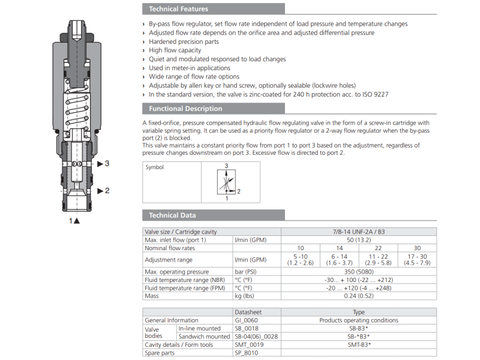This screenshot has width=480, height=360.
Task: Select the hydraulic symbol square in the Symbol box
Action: pyautogui.click(x=226, y=181)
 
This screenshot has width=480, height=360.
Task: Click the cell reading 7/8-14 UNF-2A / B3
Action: pyautogui.click(x=358, y=232)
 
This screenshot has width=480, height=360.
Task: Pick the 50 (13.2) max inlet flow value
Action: pyautogui.click(x=358, y=240)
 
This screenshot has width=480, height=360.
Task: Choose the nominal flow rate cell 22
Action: pyautogui.click(x=378, y=248)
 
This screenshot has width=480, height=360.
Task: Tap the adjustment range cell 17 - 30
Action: pyautogui.click(x=417, y=260)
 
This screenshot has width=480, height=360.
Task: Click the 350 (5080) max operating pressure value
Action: pyautogui.click(x=358, y=272)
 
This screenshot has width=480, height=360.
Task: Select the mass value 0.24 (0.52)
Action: pyautogui.click(x=358, y=296)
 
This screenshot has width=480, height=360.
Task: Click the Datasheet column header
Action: pyautogui.click(x=248, y=313)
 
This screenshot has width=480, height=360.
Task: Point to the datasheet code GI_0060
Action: pyautogui.click(x=247, y=320)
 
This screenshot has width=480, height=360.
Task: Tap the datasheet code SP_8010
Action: pyautogui.click(x=246, y=352)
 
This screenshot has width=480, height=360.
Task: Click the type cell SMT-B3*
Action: pyautogui.click(x=358, y=344)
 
